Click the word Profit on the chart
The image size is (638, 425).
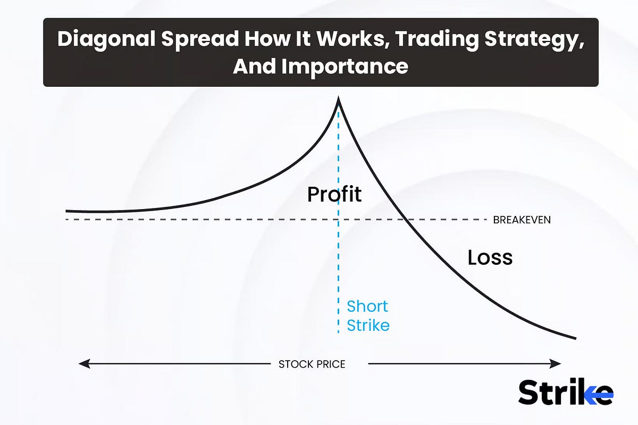coord(334,195)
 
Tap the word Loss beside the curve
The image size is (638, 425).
coord(490,258)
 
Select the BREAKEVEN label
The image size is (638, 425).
coord(522,220)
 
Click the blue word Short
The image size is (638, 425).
coord(367,306)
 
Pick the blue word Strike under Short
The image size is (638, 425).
coord(368,325)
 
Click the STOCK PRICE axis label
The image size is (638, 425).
coord(312,364)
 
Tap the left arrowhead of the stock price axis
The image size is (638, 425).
coord(82,364)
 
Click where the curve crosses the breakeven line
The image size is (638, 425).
coord(406,219)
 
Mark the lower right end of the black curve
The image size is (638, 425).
coord(575,338)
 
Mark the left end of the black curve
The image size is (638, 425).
coord(66,211)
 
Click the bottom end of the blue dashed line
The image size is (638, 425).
coord(338,332)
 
